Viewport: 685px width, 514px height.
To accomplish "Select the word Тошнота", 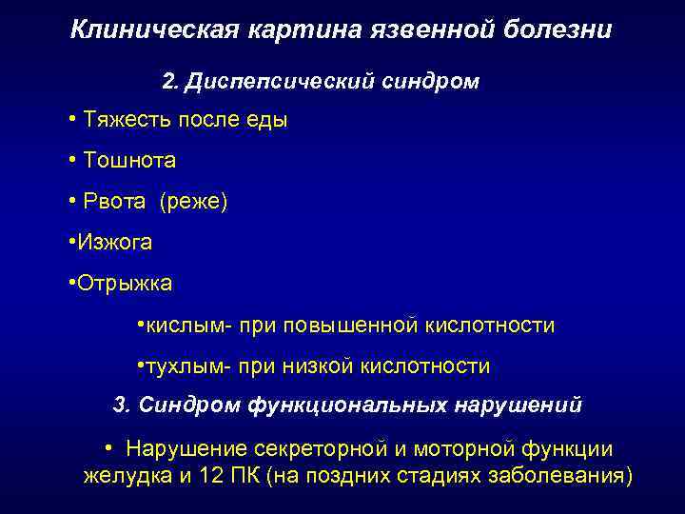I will pyautogui.click(x=129, y=161).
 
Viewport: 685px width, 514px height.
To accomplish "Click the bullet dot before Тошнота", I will pyautogui.click(x=73, y=161).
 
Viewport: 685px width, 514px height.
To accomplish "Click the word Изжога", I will pyautogui.click(x=114, y=243).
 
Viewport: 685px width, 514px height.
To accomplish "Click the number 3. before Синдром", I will pyautogui.click(x=121, y=405).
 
